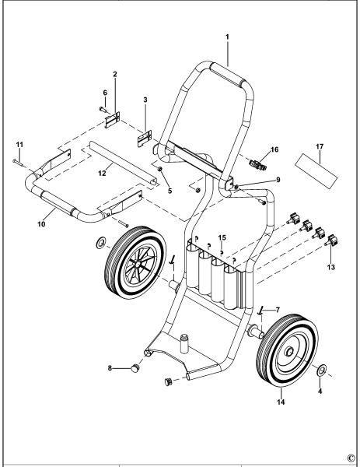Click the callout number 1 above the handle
click(x=228, y=36)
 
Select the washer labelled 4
click(x=320, y=369)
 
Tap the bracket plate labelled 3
click(x=144, y=136)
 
